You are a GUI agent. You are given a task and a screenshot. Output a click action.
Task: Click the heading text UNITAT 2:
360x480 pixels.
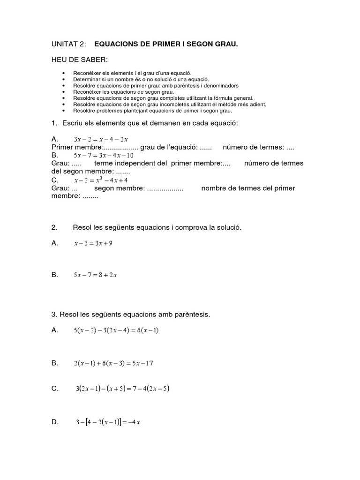69,44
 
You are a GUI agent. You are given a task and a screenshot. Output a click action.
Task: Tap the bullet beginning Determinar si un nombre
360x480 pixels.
141,80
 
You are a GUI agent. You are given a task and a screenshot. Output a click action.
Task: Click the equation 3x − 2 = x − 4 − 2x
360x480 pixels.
101,139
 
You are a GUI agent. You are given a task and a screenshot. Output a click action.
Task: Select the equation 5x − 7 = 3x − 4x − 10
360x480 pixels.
104,155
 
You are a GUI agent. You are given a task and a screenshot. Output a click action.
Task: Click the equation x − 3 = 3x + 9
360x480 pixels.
93,243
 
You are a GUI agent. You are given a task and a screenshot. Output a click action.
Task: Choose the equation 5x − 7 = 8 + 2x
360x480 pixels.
95,275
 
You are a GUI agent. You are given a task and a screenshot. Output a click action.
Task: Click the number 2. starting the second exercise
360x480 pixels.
54,227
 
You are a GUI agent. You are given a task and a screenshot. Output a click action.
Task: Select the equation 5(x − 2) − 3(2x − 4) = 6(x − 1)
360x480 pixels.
116,330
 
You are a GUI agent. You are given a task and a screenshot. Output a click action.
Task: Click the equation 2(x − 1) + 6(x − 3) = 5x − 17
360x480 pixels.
113,363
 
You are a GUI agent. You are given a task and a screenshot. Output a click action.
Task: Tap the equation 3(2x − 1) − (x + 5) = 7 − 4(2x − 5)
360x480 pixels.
122,389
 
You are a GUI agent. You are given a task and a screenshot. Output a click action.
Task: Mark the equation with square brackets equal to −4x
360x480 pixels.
108,422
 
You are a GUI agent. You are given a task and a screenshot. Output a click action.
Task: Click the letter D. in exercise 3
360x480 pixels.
55,422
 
